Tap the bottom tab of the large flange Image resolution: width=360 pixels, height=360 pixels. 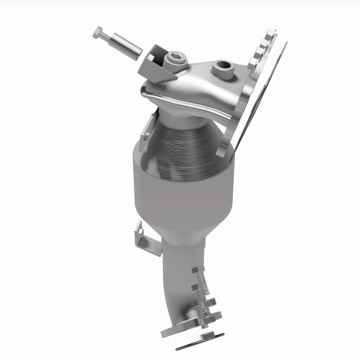tap(222, 152)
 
